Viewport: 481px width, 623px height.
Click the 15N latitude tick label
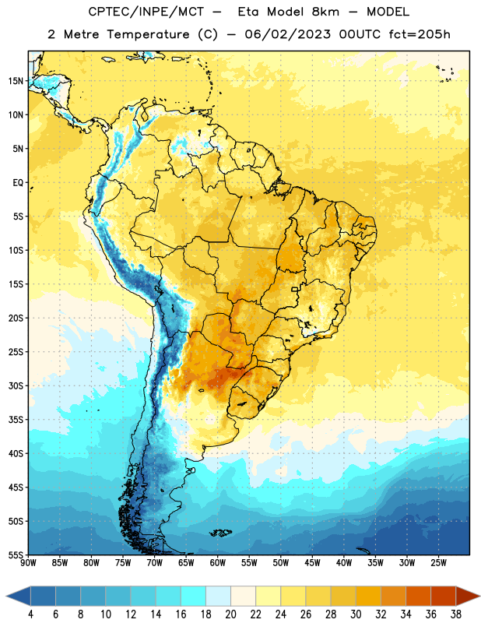pyautogui.click(x=16, y=81)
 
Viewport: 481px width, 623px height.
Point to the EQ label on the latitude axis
pyautogui.click(x=18, y=183)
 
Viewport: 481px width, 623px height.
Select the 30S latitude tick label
pyautogui.click(x=16, y=385)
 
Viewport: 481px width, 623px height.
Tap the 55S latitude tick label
pyautogui.click(x=16, y=555)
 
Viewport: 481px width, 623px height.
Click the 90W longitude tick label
pyautogui.click(x=28, y=563)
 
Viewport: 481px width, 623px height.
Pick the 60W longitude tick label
pyautogui.click(x=218, y=563)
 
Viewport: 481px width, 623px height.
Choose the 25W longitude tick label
pyautogui.click(x=438, y=563)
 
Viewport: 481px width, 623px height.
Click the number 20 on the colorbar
pyautogui.click(x=230, y=614)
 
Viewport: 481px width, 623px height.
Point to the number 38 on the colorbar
pyautogui.click(x=456, y=614)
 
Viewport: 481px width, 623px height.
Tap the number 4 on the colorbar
pyautogui.click(x=30, y=614)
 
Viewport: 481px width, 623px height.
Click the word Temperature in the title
pyautogui.click(x=148, y=34)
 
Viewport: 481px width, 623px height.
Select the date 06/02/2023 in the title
pyautogui.click(x=287, y=34)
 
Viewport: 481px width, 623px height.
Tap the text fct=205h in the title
pyautogui.click(x=420, y=34)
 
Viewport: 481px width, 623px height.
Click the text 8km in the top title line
pyautogui.click(x=325, y=12)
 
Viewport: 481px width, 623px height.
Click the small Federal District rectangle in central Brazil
pyautogui.click(x=295, y=289)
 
